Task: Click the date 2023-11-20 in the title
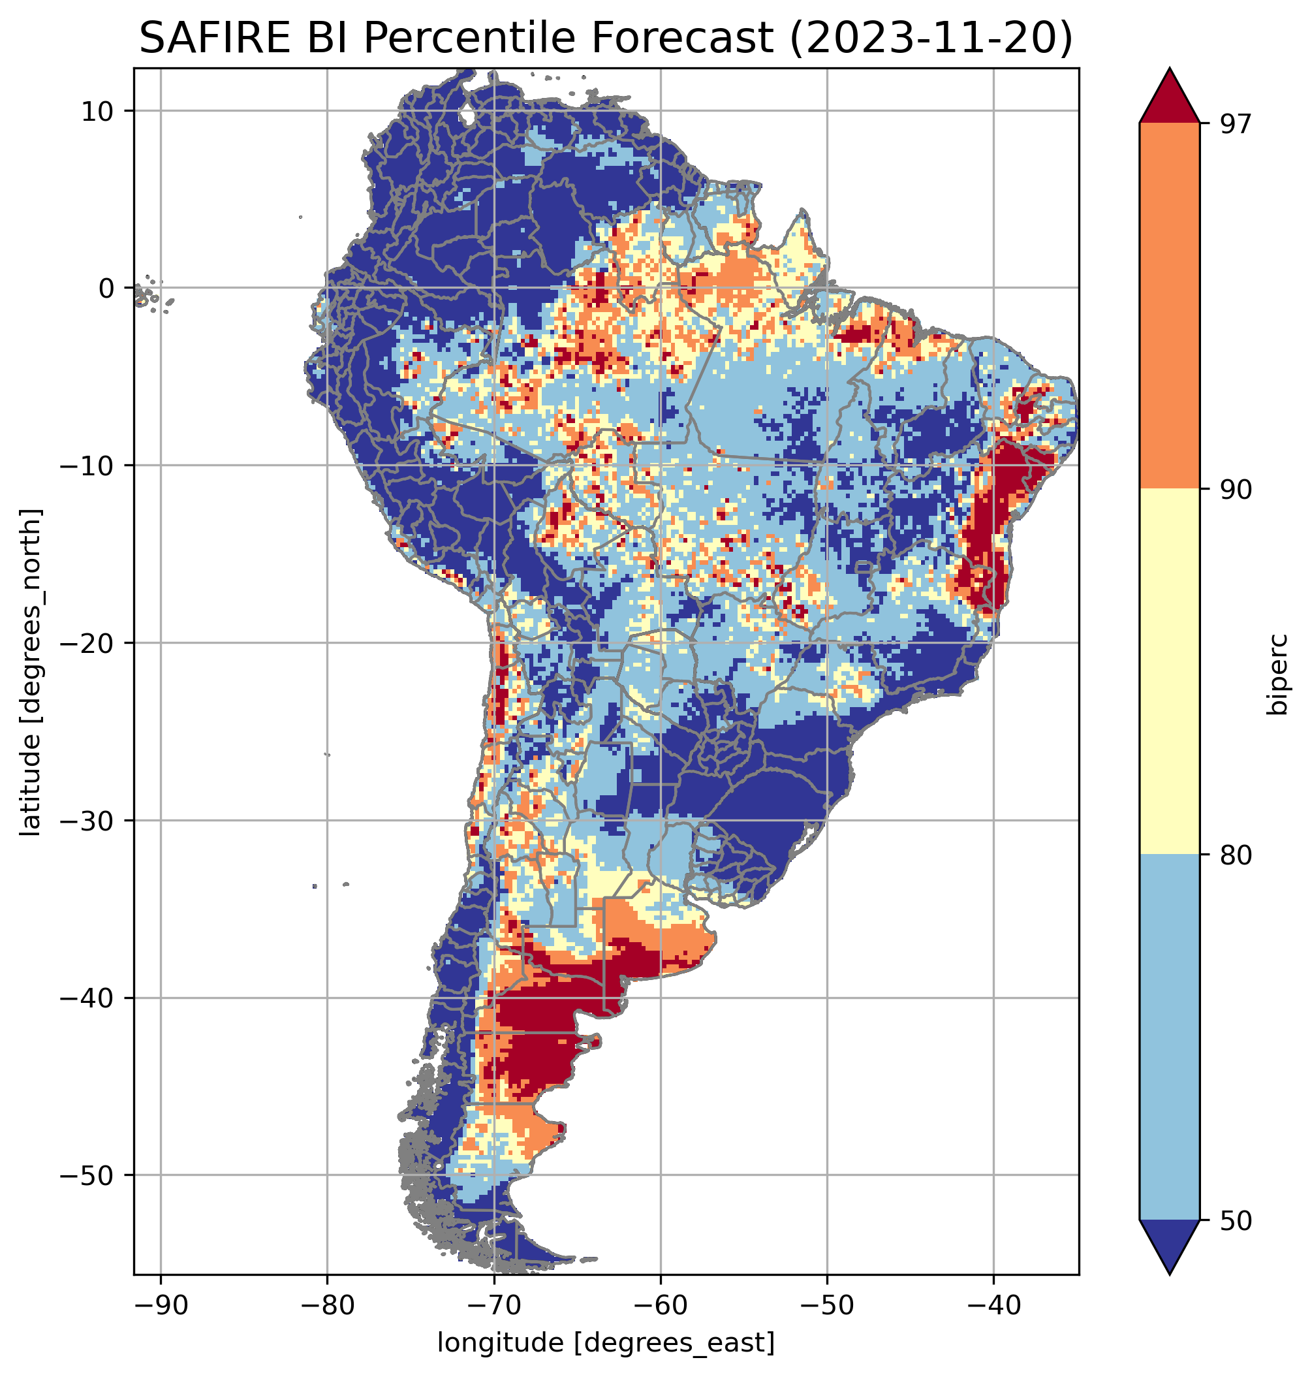[x=931, y=38]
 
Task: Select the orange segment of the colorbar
[x=1169, y=306]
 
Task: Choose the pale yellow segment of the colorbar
[x=1169, y=671]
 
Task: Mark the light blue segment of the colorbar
[x=1169, y=1037]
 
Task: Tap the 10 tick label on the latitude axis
[x=98, y=111]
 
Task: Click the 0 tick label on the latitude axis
[x=106, y=288]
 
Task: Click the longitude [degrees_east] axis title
[x=606, y=1342]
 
